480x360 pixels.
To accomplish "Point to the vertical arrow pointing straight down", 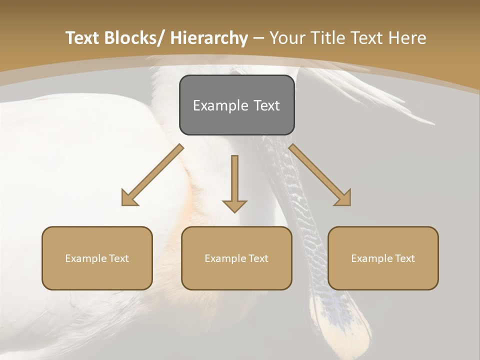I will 234,182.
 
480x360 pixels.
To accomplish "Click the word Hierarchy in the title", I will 209,38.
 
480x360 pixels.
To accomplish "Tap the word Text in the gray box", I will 265,105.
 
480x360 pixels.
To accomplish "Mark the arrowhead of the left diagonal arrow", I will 128,198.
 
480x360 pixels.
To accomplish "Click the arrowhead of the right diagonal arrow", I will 343,198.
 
